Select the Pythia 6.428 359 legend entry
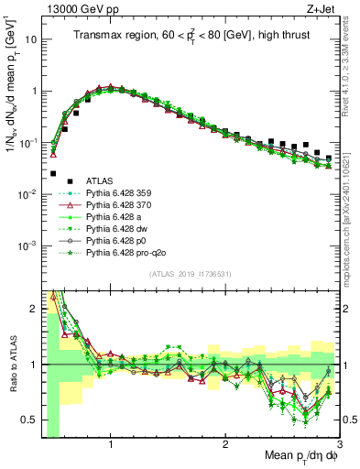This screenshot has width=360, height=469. (115, 193)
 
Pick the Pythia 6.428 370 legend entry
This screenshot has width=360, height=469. (115, 205)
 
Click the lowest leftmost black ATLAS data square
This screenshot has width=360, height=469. (53, 173)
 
